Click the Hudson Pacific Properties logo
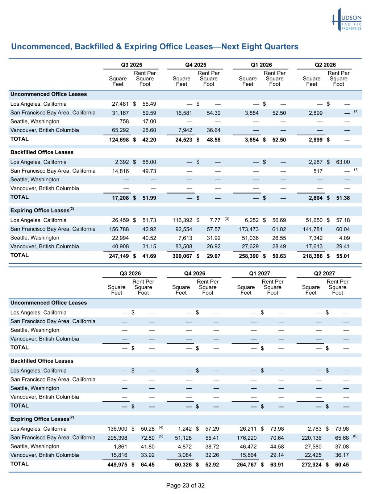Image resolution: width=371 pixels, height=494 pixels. (347, 20)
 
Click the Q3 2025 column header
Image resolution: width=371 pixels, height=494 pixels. (132, 65)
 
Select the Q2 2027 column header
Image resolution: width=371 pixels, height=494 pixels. (324, 274)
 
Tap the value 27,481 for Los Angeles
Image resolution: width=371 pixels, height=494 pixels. (120, 104)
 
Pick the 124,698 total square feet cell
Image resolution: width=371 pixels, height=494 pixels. (119, 140)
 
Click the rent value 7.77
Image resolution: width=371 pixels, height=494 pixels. (215, 220)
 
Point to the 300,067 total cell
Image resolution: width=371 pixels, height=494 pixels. (182, 256)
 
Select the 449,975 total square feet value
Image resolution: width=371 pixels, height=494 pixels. (117, 464)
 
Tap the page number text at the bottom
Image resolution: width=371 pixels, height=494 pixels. (185, 485)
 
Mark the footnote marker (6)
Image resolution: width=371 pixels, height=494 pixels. (355, 436)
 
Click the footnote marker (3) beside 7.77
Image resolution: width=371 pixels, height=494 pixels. (227, 219)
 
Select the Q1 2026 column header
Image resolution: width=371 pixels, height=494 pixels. (261, 65)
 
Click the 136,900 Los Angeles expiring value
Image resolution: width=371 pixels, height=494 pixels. (117, 429)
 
